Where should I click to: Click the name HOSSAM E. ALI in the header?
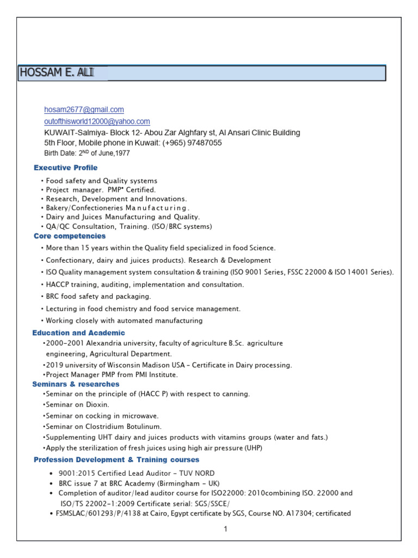56,73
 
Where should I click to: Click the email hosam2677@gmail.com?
84,110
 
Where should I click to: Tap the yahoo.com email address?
97,122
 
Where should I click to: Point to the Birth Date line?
87,154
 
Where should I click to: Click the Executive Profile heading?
66,168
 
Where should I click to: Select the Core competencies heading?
70,236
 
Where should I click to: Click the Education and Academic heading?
79,332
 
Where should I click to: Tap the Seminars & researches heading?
76,384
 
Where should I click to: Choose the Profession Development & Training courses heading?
116,460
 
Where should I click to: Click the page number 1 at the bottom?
224,529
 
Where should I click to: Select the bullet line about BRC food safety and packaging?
99,296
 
